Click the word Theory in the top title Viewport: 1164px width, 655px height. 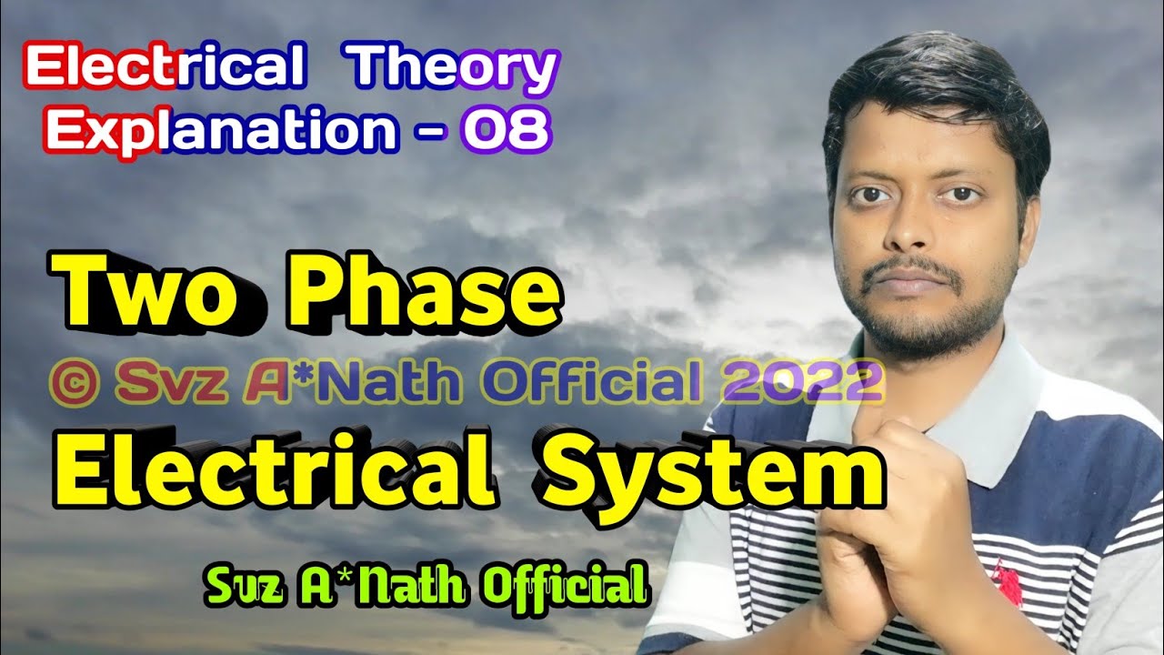click(x=454, y=68)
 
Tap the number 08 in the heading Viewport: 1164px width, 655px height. click(x=505, y=130)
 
